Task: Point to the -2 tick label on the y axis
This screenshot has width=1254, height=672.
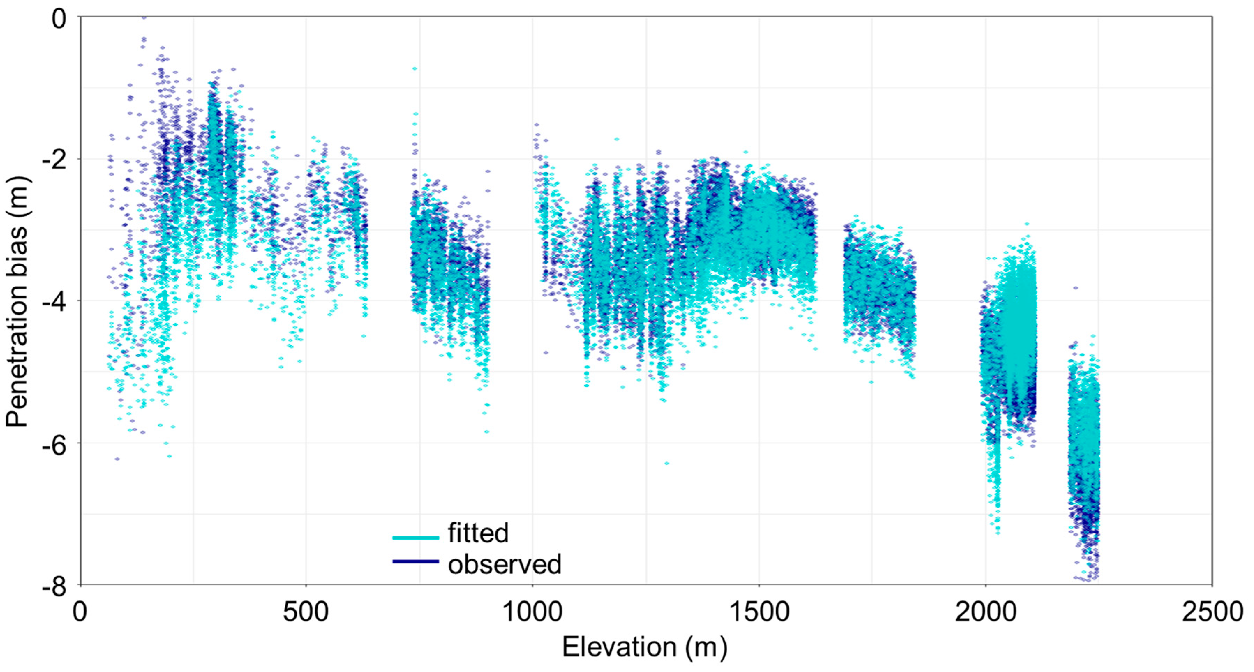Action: point(53,160)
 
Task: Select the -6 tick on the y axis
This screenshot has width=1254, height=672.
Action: point(53,444)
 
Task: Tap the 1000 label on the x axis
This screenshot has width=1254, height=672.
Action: point(532,612)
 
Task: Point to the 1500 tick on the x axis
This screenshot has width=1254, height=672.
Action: point(759,612)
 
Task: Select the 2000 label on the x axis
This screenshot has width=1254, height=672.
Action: point(985,612)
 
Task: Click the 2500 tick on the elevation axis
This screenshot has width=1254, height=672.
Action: point(1212,612)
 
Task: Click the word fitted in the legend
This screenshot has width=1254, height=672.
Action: point(478,533)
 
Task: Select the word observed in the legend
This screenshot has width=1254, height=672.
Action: point(504,564)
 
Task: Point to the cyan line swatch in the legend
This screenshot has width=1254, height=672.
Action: point(415,538)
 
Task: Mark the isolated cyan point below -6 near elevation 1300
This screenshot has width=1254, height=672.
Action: point(666,463)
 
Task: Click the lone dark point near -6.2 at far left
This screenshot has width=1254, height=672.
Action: point(117,459)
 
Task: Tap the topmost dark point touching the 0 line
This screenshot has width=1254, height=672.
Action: point(143,17)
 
